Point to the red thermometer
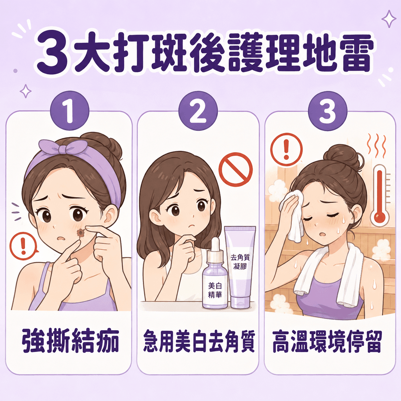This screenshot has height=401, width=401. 380,196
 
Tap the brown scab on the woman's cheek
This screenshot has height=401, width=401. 81,232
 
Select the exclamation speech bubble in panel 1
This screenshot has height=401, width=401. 24,246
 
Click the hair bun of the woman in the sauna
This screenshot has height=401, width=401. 342,156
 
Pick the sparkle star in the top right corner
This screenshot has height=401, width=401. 389,19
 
